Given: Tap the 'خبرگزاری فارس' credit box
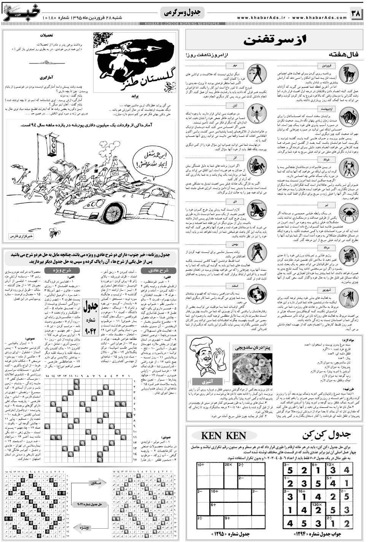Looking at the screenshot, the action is coord(22,236).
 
